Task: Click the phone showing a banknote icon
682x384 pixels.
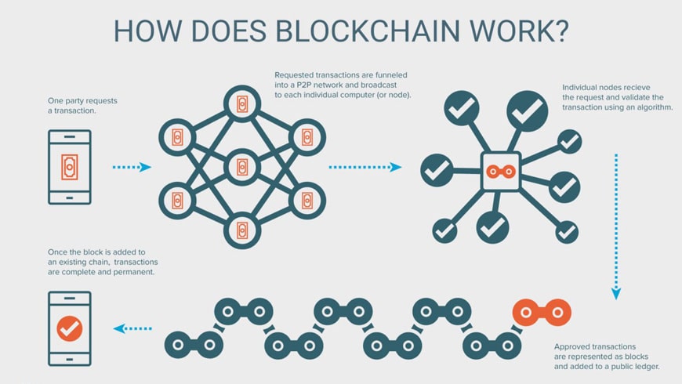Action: pyautogui.click(x=70, y=167)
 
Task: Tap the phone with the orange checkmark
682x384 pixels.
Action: pyautogui.click(x=70, y=328)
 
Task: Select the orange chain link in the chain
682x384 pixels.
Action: pyautogui.click(x=542, y=312)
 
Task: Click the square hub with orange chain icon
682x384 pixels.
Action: pyautogui.click(x=502, y=167)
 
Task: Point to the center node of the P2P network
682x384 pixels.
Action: pyautogui.click(x=241, y=167)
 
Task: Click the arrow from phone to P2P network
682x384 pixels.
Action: pyautogui.click(x=131, y=167)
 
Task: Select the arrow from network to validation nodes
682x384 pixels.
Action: pyautogui.click(x=365, y=167)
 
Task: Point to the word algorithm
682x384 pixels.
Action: pyautogui.click(x=648, y=107)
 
